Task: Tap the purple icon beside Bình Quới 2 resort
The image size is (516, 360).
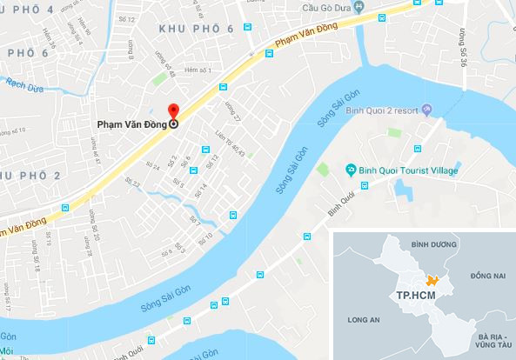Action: click(427, 110)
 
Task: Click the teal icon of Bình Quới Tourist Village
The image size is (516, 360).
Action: click(350, 169)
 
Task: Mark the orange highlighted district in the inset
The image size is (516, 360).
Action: click(430, 281)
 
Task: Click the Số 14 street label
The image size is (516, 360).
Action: click(204, 189)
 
